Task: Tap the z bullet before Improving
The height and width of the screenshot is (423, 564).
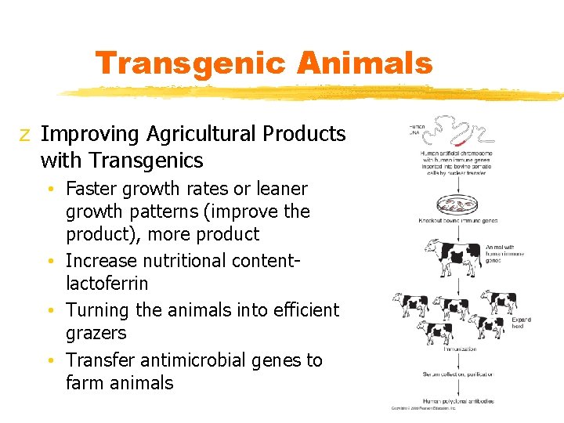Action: [25, 135]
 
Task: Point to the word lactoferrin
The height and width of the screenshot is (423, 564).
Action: [107, 283]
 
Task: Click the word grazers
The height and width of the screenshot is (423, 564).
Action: [96, 333]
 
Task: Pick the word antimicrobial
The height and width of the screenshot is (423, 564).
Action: [193, 360]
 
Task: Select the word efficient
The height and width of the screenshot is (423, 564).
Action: [301, 309]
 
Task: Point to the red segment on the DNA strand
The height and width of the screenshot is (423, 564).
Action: [461, 143]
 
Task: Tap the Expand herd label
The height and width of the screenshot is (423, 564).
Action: [521, 324]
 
